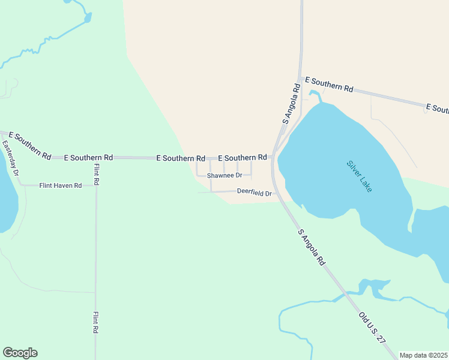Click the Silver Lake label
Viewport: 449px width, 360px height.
(359, 176)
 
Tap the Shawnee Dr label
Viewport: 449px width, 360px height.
(224, 176)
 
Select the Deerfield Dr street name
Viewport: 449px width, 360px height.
(255, 193)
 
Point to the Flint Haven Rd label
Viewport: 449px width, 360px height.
(61, 186)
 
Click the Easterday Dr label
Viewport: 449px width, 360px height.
(11, 158)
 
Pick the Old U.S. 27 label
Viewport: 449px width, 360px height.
(372, 327)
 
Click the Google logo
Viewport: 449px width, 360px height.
(20, 353)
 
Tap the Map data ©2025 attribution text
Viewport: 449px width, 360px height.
(423, 355)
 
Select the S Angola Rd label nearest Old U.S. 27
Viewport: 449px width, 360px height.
(311, 247)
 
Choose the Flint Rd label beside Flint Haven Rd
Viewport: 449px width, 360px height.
(96, 173)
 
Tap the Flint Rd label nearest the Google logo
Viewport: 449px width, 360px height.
(96, 323)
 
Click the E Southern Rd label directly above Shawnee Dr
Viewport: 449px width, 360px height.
(243, 157)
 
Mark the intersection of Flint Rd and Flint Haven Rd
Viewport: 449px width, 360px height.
(96, 185)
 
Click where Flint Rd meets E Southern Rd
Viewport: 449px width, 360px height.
(96, 158)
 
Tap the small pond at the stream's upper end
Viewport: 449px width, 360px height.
(88, 18)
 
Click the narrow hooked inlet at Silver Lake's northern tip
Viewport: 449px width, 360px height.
(314, 95)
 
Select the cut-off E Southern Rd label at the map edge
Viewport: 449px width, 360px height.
(436, 109)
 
